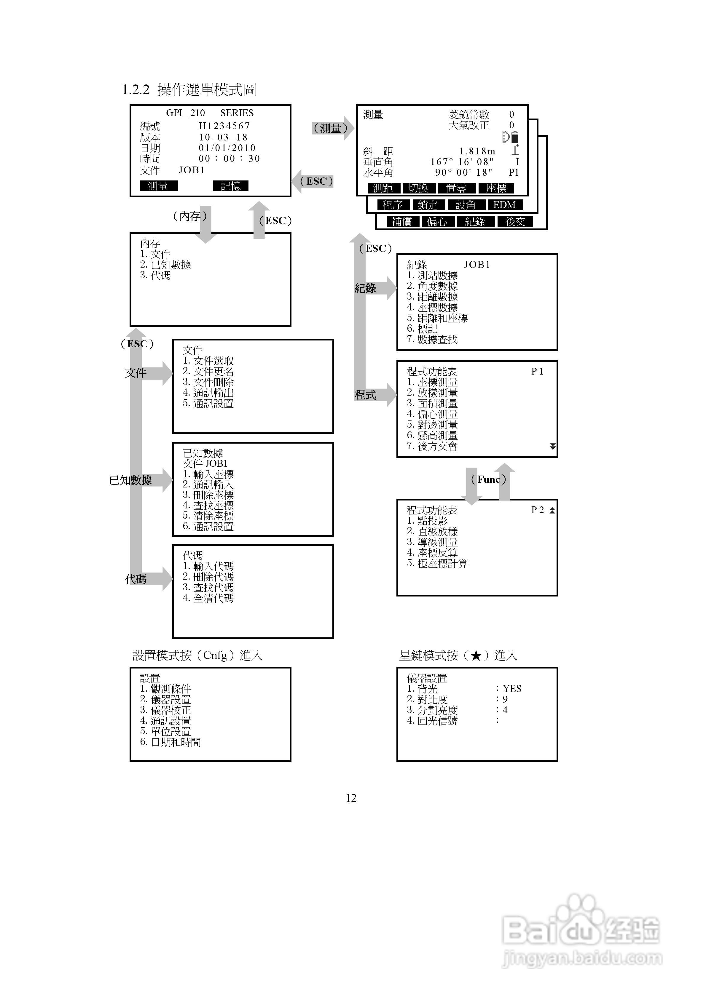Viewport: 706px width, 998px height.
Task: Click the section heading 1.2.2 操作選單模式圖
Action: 189,90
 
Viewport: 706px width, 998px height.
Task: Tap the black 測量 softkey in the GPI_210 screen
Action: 158,186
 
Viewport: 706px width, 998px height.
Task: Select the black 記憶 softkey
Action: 231,186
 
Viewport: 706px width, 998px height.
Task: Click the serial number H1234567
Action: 224,126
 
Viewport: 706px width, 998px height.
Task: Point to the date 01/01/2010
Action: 227,148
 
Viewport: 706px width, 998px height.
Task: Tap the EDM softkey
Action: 505,205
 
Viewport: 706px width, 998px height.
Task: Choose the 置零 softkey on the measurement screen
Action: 456,188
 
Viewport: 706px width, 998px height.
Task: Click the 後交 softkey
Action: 515,222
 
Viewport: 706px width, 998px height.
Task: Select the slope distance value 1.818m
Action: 477,151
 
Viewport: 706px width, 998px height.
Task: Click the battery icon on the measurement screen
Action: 515,138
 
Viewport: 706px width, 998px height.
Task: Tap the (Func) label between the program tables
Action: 488,479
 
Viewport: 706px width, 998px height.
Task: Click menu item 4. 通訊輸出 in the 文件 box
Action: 208,393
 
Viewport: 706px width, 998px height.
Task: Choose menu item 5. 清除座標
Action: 208,516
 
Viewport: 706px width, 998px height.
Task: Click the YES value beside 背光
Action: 512,689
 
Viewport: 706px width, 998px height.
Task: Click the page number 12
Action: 351,798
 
